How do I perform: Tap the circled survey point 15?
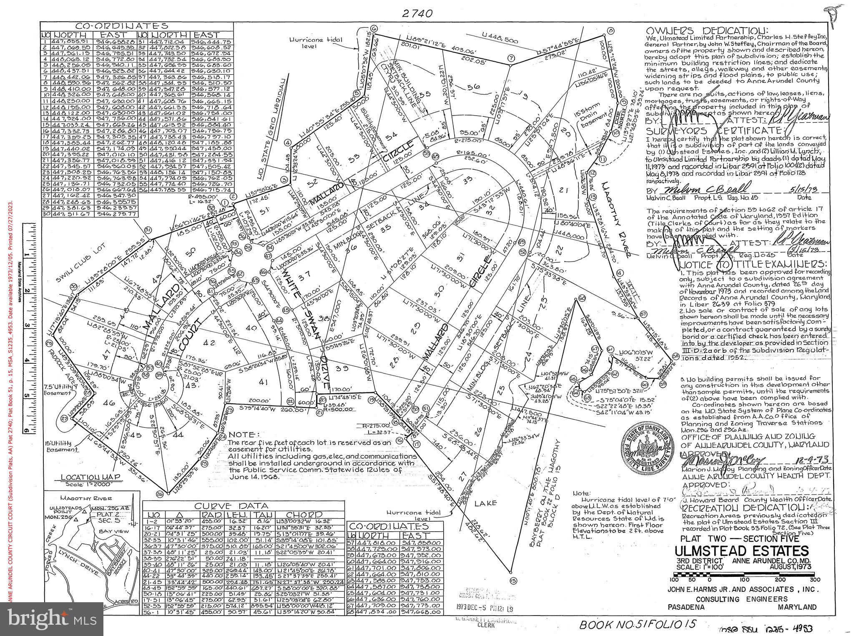click(x=513, y=580)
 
